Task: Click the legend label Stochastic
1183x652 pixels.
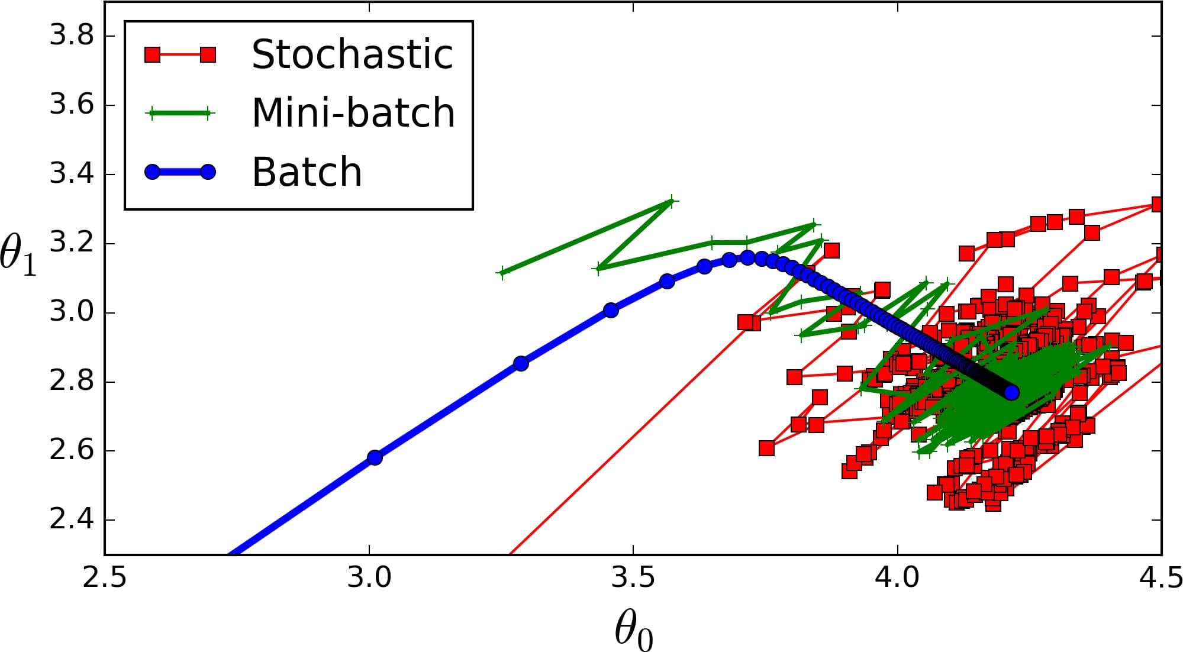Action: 352,54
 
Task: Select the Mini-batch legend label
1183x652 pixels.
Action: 353,112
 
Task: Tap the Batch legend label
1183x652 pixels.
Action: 307,172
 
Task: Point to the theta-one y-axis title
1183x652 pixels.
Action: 18,254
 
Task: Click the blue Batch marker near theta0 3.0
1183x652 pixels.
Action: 375,457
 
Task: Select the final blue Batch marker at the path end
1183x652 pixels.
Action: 1011,392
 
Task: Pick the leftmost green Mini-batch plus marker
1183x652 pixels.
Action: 502,273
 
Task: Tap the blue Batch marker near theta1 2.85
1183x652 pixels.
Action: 521,363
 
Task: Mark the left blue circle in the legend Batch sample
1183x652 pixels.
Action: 153,172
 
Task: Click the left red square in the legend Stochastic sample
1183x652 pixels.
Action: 153,55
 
